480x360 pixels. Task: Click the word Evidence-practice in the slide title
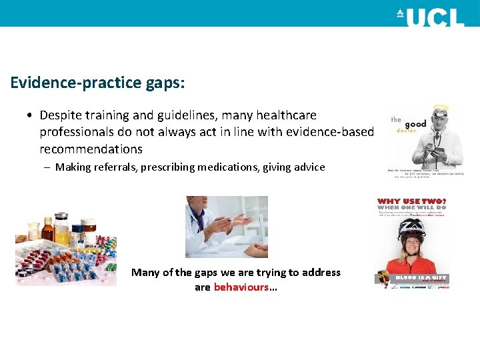75,83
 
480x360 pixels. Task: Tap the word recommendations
91,149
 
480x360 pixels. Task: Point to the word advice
307,167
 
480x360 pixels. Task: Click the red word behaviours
241,287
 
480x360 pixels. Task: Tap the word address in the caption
320,272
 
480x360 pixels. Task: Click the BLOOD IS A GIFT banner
421,277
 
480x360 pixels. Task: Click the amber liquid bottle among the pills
47,229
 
